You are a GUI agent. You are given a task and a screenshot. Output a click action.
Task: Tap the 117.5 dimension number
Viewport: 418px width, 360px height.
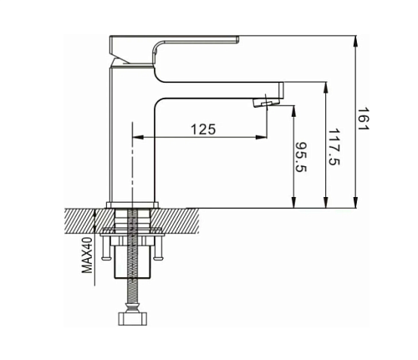pyautogui.click(x=333, y=145)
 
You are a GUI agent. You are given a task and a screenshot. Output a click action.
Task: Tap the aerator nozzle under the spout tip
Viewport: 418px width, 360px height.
pyautogui.click(x=262, y=104)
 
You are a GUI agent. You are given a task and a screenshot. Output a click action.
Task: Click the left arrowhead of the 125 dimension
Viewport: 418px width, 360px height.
pyautogui.click(x=137, y=137)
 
